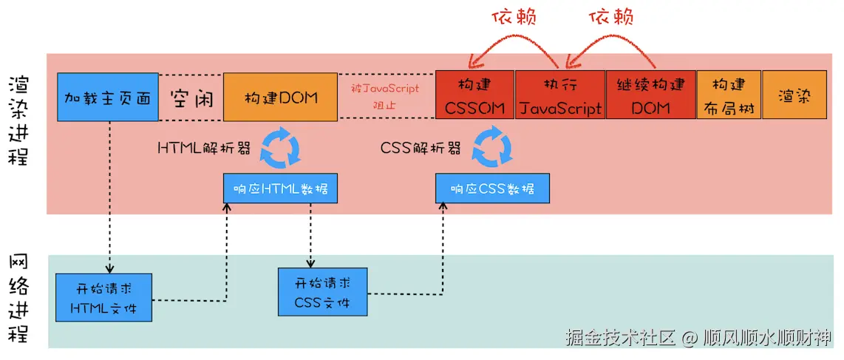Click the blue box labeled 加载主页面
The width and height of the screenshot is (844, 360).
pos(108,97)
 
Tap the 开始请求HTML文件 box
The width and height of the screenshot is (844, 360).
pos(103,296)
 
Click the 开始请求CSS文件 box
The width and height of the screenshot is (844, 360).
pos(321,292)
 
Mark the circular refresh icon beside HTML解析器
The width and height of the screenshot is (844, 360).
pos(281,146)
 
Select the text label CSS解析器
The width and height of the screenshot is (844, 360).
pos(421,147)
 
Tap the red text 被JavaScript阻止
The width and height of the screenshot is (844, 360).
pos(385,97)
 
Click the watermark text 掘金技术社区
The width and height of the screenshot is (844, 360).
pos(620,339)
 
